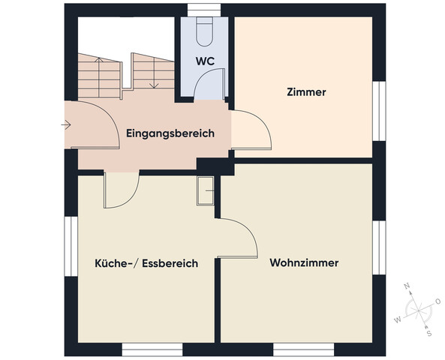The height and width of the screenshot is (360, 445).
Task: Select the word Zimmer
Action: point(306,92)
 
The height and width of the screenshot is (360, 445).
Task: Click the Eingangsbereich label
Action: point(170,133)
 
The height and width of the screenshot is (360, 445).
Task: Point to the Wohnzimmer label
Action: point(304,263)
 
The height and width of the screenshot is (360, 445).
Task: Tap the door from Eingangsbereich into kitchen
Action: point(122,190)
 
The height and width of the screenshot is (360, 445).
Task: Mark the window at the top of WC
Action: point(203,9)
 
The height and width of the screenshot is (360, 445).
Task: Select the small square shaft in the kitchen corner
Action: point(206,191)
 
